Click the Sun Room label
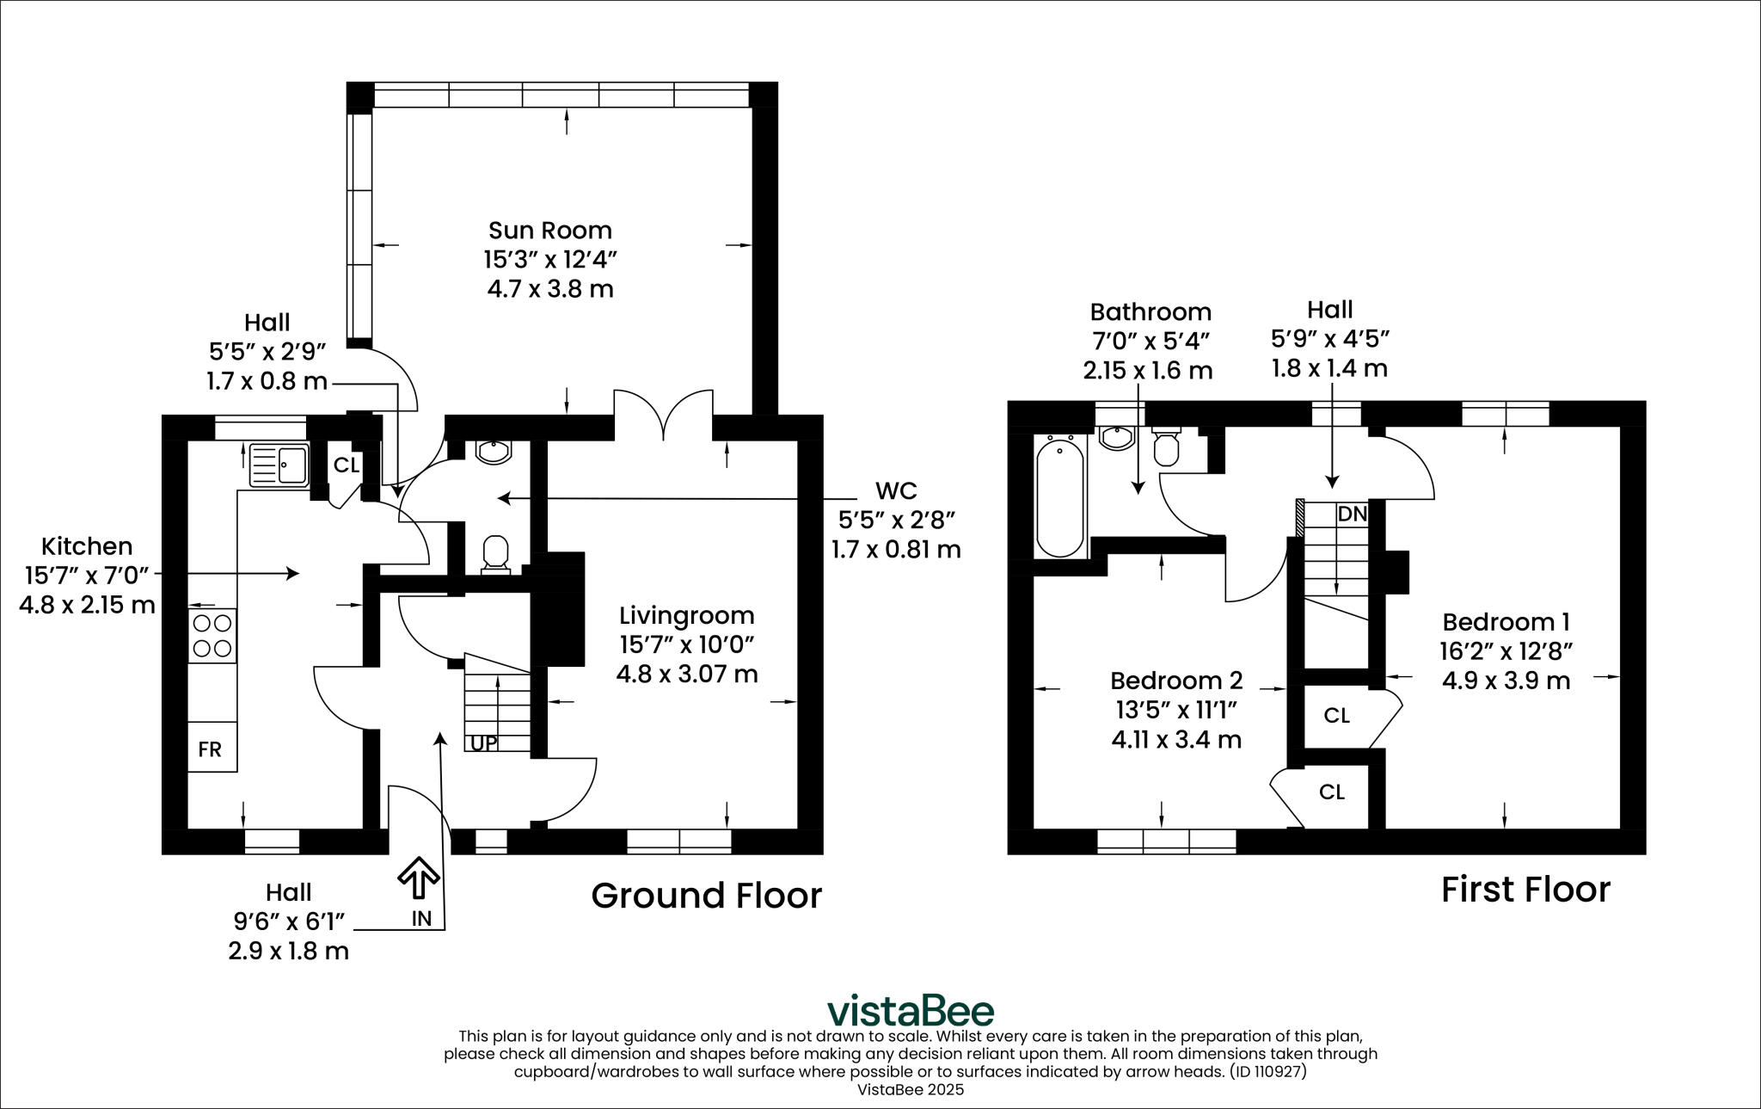(550, 231)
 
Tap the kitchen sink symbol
(279, 465)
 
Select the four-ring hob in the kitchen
(212, 636)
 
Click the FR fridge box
(211, 749)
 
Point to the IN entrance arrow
(419, 878)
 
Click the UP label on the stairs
(483, 742)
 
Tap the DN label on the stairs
(1352, 514)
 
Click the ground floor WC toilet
(495, 552)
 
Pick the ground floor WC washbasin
(494, 452)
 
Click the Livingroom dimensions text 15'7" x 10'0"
(686, 644)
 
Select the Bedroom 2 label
(1176, 681)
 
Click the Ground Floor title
(706, 896)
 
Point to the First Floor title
(1525, 890)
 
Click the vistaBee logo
(910, 1010)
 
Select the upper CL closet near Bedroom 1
(1336, 716)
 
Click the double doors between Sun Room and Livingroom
(663, 416)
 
